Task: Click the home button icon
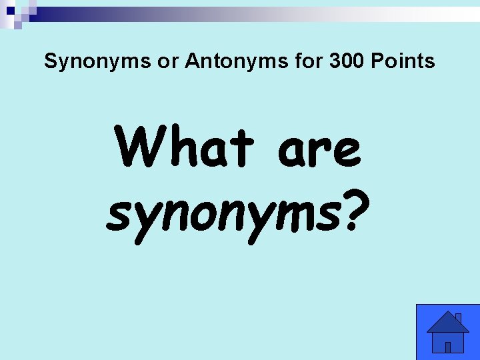447,332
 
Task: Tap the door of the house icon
448,347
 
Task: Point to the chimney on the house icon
458,318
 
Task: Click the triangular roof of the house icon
447,322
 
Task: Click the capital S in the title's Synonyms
51,62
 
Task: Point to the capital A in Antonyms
192,62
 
